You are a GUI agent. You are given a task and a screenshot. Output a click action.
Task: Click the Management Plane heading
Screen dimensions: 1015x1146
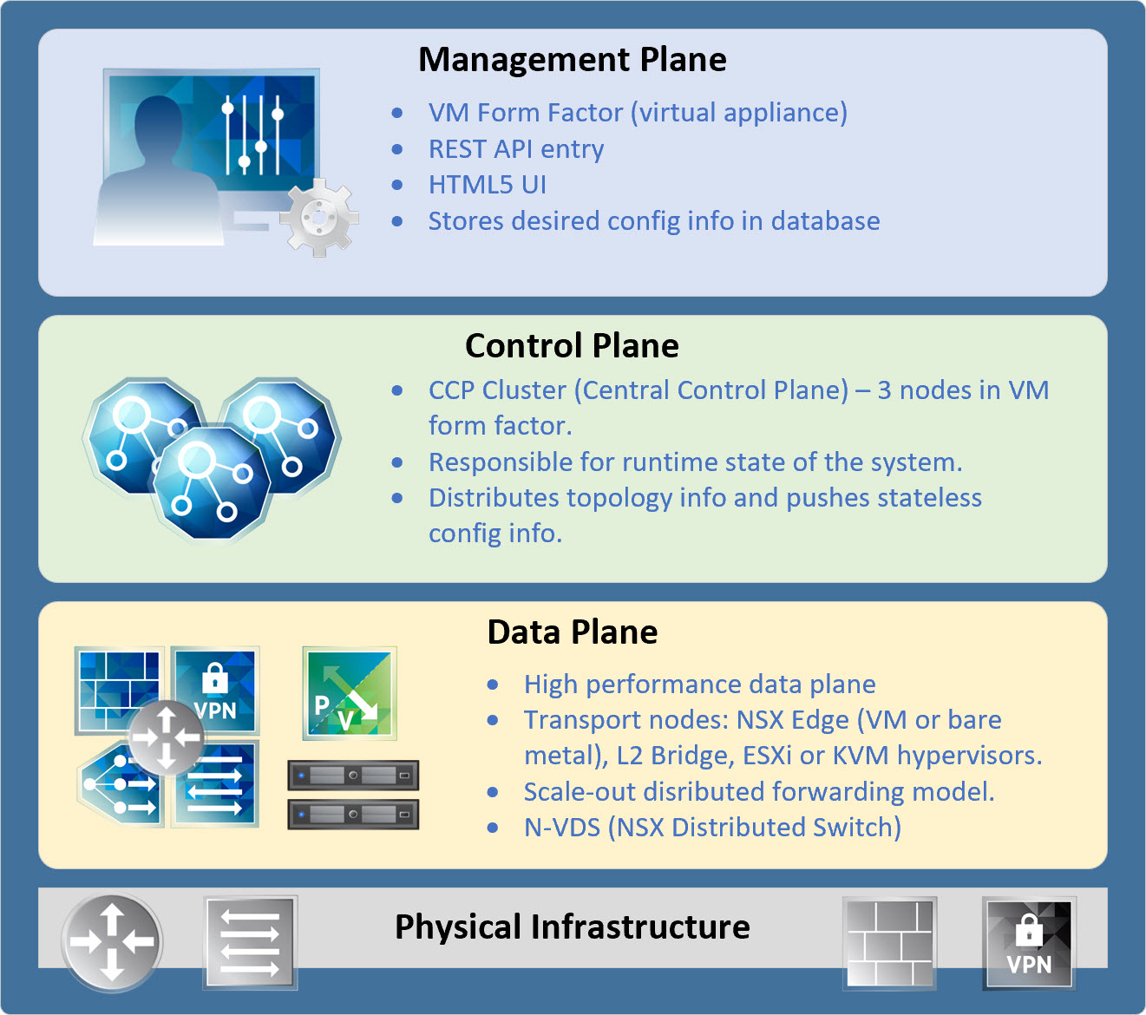coord(573,60)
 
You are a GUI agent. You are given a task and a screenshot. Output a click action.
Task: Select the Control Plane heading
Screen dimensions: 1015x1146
coord(572,346)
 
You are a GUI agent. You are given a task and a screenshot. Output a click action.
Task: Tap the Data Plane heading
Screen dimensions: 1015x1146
coord(573,632)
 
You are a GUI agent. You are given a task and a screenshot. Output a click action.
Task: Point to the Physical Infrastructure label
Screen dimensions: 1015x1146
coord(573,927)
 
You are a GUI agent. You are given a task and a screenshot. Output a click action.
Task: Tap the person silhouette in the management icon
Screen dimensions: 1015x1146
coord(156,174)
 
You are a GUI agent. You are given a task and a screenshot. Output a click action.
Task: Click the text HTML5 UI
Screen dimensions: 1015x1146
coord(488,185)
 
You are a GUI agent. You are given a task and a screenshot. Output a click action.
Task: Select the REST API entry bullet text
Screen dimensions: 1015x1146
coord(516,149)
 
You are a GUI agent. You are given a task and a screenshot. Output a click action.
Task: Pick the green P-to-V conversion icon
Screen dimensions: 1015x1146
coord(350,693)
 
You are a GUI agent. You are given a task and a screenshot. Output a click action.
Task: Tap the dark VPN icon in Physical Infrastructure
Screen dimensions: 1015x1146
coord(1029,943)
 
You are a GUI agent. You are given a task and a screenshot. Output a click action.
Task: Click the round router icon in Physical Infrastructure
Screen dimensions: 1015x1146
coord(112,942)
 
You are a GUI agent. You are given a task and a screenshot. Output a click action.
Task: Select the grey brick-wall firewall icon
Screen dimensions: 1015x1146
coord(890,943)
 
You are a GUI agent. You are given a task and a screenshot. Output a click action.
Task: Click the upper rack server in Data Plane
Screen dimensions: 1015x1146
coord(353,775)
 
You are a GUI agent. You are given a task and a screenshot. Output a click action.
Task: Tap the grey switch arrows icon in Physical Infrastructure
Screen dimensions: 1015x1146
coord(250,943)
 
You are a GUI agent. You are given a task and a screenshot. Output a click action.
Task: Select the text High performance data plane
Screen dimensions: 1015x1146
coord(699,684)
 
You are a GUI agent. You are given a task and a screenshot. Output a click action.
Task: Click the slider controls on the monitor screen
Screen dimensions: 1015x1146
coord(252,134)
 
